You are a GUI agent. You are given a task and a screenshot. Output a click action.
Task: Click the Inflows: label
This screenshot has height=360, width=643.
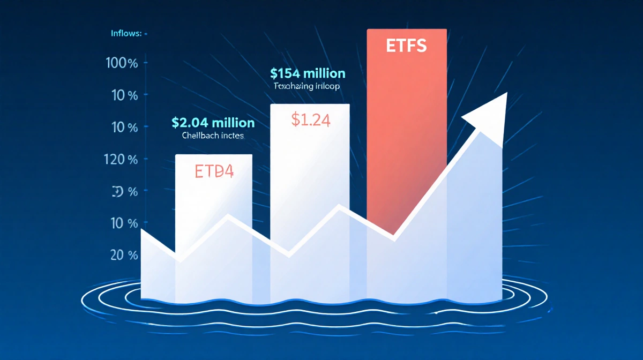click(x=126, y=34)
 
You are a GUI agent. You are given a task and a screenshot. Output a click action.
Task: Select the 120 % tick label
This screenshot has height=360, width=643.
click(x=122, y=159)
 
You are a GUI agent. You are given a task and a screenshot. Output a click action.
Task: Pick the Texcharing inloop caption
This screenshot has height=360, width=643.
click(x=307, y=86)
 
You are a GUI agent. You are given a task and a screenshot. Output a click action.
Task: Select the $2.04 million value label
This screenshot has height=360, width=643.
click(x=213, y=123)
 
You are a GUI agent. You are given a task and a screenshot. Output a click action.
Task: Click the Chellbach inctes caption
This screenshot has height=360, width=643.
click(x=213, y=136)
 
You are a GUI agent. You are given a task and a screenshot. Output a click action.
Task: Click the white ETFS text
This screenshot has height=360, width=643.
click(x=406, y=46)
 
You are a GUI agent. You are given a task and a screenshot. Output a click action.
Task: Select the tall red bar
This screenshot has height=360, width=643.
click(x=406, y=118)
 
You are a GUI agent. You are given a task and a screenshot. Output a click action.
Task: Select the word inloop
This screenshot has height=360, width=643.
click(x=326, y=86)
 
